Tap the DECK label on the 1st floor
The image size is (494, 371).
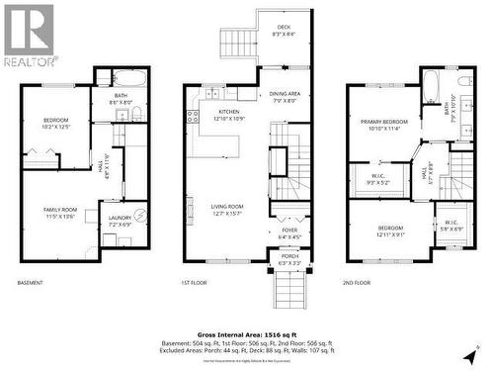pyautogui.click(x=284, y=30)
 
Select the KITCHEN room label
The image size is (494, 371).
pyautogui.click(x=229, y=116)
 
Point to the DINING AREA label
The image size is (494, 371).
pyautogui.click(x=286, y=96)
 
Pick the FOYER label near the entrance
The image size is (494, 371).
pyautogui.click(x=289, y=233)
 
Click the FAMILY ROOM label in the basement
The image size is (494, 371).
pyautogui.click(x=58, y=213)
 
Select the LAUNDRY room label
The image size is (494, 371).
pyautogui.click(x=121, y=221)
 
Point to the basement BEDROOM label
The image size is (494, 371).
pyautogui.click(x=55, y=123)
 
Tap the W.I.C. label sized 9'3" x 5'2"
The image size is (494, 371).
pyautogui.click(x=378, y=179)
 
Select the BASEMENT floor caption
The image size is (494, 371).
pyautogui.click(x=31, y=284)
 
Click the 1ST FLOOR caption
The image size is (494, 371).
pyautogui.click(x=194, y=284)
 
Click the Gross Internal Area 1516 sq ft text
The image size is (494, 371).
pyautogui.click(x=247, y=335)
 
